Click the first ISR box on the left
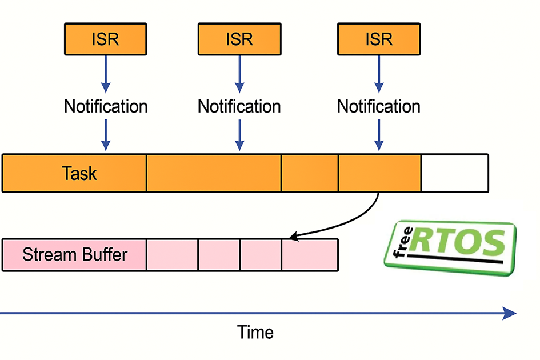105,39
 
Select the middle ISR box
239,39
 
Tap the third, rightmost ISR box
379,39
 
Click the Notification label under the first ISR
106,106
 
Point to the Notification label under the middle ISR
239,106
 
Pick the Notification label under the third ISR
379,106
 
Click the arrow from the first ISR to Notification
106,74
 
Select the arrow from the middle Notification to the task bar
239,135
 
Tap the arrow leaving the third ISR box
379,74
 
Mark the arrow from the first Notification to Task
106,135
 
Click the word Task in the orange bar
79,173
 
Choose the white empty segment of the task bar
455,173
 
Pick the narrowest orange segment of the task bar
310,173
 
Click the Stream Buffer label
75,255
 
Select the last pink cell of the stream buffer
310,255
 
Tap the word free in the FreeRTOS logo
403,242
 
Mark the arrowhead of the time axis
510,313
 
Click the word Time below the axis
255,333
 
